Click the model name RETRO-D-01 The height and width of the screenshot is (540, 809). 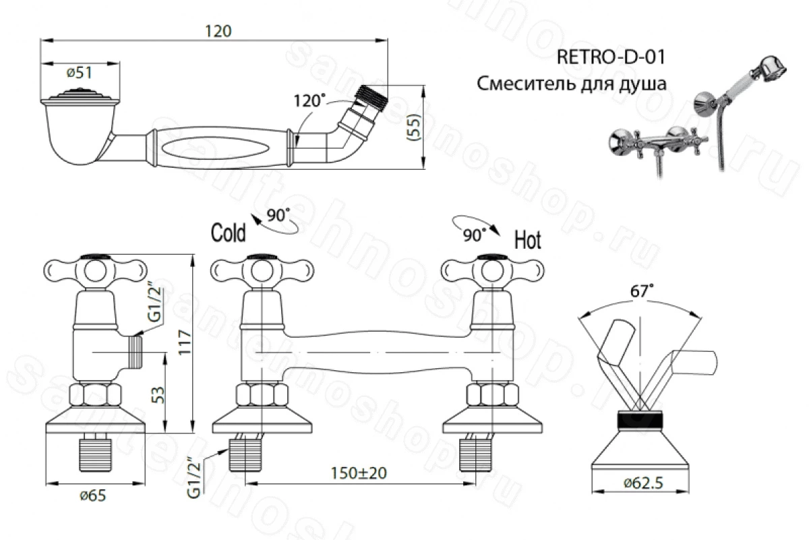coord(611,57)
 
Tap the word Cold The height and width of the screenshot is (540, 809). coord(229,233)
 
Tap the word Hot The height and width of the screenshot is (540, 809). coord(528,240)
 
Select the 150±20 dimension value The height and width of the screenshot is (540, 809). coord(359,473)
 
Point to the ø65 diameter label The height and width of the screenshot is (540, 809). coord(93,496)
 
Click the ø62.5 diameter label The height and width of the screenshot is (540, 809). coord(643,483)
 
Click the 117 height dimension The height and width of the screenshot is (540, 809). coord(185,342)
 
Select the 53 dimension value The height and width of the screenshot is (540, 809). coord(159,396)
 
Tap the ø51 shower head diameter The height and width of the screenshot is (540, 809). coord(80,73)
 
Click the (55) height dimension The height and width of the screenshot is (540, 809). coord(415,127)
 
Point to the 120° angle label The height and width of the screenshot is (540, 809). coord(309,100)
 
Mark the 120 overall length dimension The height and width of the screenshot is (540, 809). coord(218,31)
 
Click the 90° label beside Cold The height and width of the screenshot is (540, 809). coord(278,215)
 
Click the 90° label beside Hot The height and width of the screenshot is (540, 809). coord(475,235)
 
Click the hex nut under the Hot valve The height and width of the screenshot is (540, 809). coord(493,395)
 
